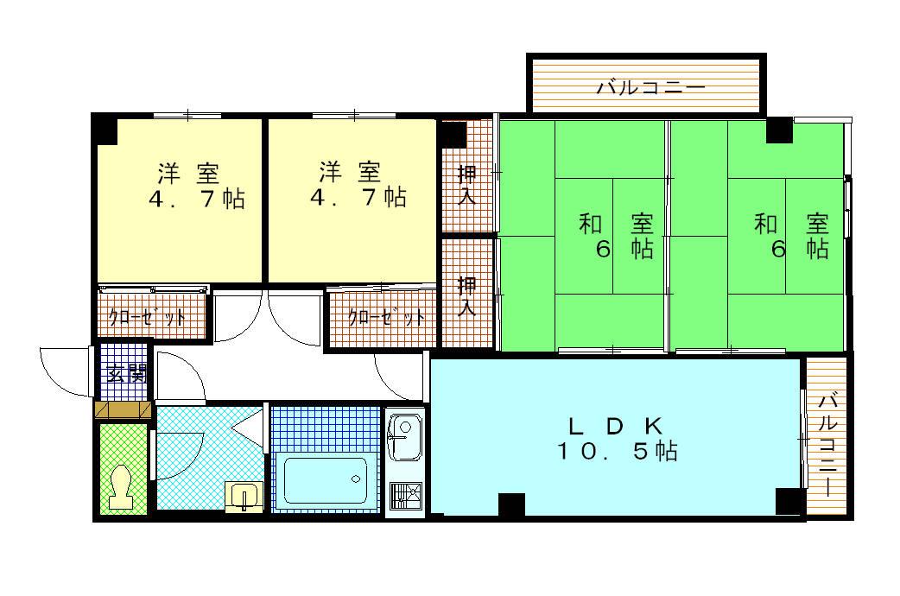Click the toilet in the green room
(121, 487)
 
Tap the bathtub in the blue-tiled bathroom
(326, 480)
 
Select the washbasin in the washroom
(244, 496)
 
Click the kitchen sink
(405, 437)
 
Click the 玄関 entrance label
(126, 374)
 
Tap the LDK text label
(615, 426)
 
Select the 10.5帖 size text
(617, 451)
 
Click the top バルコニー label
(650, 88)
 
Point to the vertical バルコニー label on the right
(827, 445)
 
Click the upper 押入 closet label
(466, 184)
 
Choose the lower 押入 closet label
(466, 296)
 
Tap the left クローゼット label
(147, 317)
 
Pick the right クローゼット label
(386, 317)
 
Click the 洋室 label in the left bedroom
(188, 174)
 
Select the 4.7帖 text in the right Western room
(358, 197)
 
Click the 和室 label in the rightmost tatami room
(791, 224)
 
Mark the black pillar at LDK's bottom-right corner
(789, 501)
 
